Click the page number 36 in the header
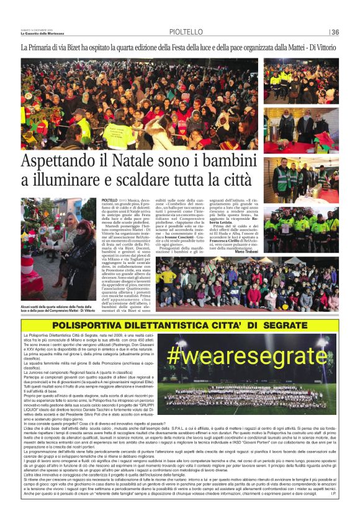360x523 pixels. point(335,32)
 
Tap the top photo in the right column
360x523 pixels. point(301,81)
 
